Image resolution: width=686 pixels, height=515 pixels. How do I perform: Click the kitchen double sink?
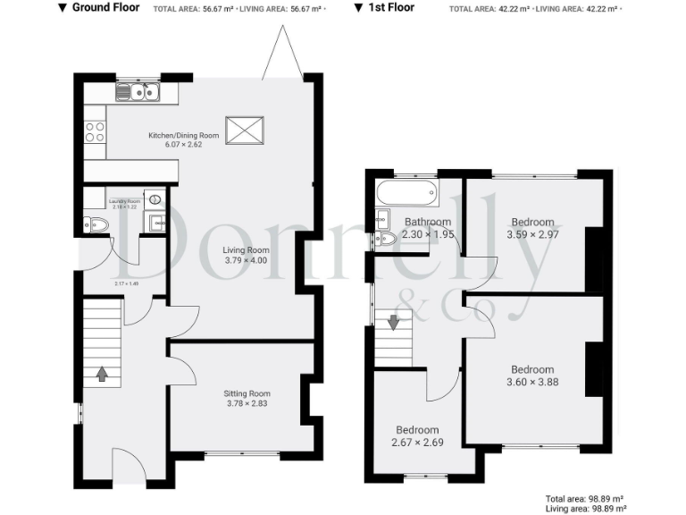tap(137, 91)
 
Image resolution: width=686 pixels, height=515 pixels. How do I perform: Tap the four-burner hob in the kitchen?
tap(95, 132)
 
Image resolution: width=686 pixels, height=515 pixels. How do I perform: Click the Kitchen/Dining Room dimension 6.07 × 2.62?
tap(183, 144)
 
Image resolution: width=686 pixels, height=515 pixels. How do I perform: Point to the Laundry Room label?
tap(124, 201)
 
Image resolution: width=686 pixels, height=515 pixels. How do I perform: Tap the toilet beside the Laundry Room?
tap(95, 224)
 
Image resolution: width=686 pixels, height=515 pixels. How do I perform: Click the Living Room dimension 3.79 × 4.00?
tap(246, 261)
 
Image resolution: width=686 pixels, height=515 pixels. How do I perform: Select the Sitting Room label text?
tap(247, 393)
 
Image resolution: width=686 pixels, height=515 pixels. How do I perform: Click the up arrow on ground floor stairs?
tap(102, 373)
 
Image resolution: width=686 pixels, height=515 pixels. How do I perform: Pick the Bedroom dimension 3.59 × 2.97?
tap(532, 234)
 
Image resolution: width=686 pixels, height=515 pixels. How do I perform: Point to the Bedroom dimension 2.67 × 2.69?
tap(417, 442)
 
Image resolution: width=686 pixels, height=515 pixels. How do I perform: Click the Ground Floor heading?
tap(105, 7)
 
